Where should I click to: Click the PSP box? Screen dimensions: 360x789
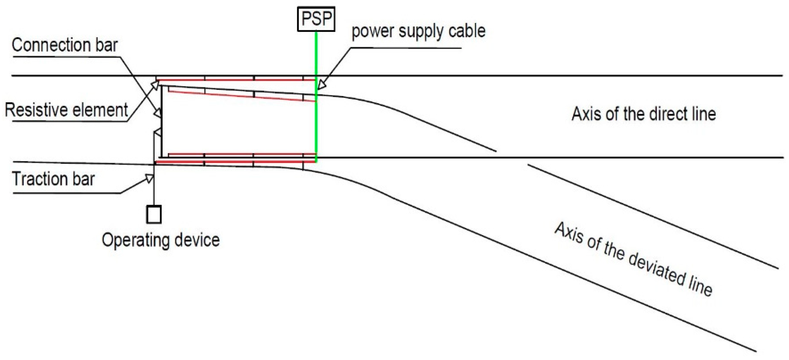316,19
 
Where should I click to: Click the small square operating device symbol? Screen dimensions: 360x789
154,214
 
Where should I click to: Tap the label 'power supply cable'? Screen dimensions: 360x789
418,31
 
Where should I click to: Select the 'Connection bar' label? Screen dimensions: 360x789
65,45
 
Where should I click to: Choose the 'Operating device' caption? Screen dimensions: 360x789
160,240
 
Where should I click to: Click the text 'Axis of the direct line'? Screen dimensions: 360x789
643,114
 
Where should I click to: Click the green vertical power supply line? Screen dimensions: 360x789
316,123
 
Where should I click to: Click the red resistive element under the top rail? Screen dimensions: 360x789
236,80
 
